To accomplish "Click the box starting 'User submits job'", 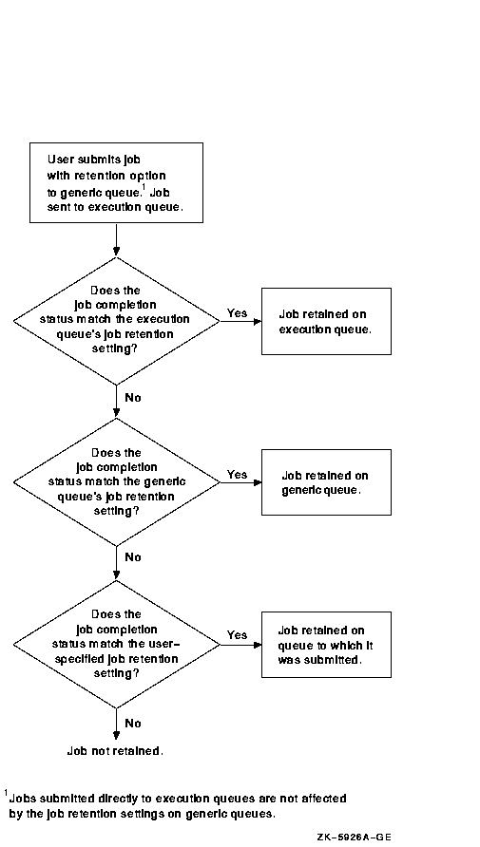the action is [116, 182].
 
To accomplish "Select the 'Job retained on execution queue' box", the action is [326, 321].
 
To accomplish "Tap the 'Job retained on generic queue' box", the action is [326, 482].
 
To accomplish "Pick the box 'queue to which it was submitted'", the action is [326, 645].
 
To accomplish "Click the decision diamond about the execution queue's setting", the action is [116, 321].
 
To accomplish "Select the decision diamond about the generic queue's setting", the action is [116, 482].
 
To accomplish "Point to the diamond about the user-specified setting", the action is [116, 645].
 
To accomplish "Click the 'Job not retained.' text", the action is [115, 751].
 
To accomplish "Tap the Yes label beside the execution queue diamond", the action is [237, 312].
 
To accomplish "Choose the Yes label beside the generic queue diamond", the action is [237, 474].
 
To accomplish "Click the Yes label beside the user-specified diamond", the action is [237, 634].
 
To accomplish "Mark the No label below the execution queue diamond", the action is [133, 398].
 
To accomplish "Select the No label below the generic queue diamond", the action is [133, 557].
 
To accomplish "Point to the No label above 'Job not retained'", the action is [133, 723].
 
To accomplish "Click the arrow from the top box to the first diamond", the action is [116, 239].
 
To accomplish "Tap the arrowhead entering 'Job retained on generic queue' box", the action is [258, 482].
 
